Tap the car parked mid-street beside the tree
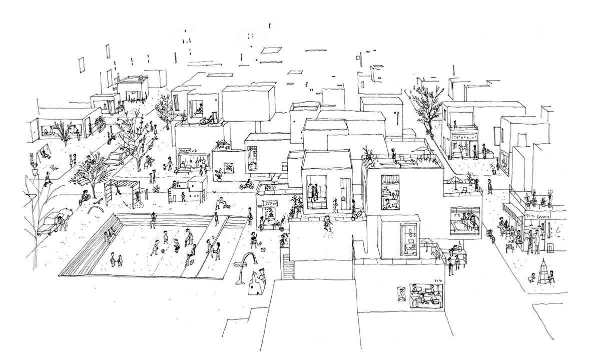coord(117,158)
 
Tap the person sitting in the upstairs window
coord(199,109)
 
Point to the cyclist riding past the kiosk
coord(245,185)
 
